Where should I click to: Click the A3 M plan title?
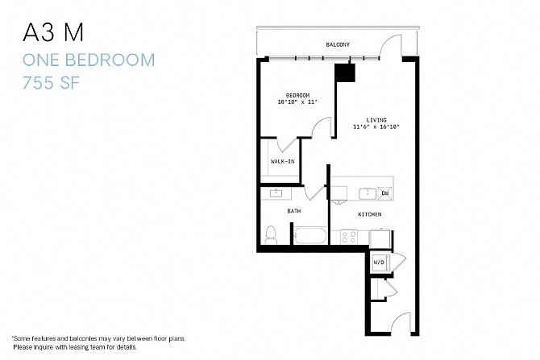(x=53, y=33)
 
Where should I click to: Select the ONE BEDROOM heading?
(x=89, y=60)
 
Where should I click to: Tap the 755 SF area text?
(x=51, y=83)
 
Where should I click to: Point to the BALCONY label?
(x=338, y=44)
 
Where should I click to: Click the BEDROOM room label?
(x=297, y=95)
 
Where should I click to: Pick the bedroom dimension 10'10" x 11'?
(x=297, y=101)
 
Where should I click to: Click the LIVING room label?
(x=376, y=120)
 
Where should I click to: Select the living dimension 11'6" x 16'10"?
(x=376, y=126)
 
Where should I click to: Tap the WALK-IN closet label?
(x=282, y=161)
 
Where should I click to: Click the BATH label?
(x=293, y=211)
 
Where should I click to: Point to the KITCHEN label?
(x=369, y=214)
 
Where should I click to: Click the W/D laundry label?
(x=379, y=263)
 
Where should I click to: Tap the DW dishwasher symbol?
(x=385, y=193)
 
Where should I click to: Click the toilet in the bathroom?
(x=271, y=234)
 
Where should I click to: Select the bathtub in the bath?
(x=310, y=235)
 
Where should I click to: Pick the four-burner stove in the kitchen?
(x=348, y=237)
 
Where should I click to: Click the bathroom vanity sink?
(x=276, y=193)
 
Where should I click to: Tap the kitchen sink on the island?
(x=368, y=194)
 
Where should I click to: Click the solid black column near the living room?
(x=345, y=72)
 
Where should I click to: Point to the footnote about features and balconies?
(x=98, y=343)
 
